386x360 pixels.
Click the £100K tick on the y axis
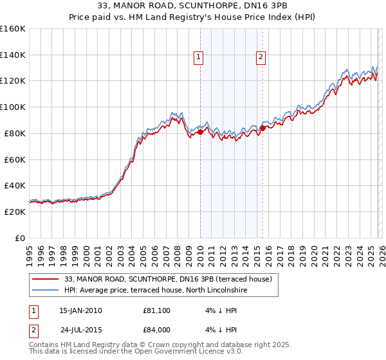13,107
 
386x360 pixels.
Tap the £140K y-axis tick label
13,55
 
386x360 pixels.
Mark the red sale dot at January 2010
200,132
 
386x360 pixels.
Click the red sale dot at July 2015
263,128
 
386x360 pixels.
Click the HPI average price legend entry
156,291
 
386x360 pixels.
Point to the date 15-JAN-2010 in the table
80,310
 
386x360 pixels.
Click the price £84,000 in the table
157,330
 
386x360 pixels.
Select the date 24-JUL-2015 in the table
80,330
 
